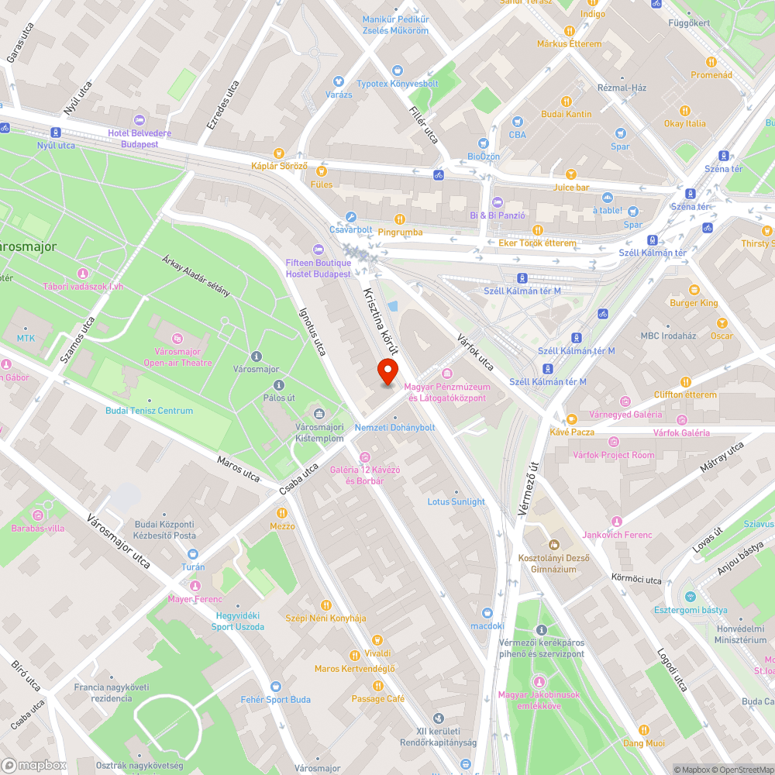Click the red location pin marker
pyautogui.click(x=387, y=372)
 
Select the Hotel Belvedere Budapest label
pyautogui.click(x=133, y=139)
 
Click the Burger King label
pyautogui.click(x=694, y=303)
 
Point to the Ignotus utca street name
pyautogui.click(x=312, y=331)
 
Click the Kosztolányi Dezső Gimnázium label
pyautogui.click(x=553, y=563)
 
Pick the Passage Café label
pyautogui.click(x=378, y=698)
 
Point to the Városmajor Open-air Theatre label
pyautogui.click(x=177, y=357)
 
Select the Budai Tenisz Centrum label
pyautogui.click(x=150, y=411)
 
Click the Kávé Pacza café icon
pyautogui.click(x=571, y=418)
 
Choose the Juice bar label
pyautogui.click(x=571, y=188)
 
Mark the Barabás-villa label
pyautogui.click(x=38, y=528)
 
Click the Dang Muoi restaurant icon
pyautogui.click(x=643, y=730)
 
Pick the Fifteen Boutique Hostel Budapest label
pyautogui.click(x=319, y=268)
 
